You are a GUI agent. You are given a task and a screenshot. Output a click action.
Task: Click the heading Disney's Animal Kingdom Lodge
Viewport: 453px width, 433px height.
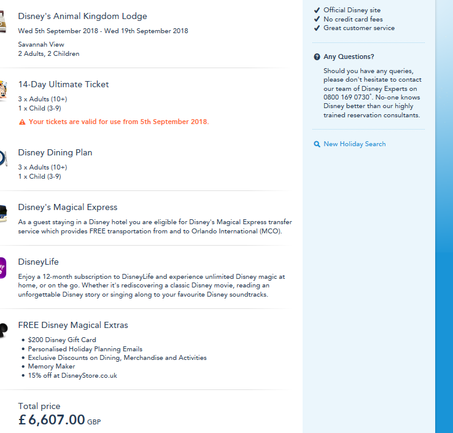click(82, 17)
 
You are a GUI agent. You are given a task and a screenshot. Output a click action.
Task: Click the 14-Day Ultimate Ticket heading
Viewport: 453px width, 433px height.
click(63, 85)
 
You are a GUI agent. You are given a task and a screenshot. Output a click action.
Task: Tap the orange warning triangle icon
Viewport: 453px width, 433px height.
click(22, 122)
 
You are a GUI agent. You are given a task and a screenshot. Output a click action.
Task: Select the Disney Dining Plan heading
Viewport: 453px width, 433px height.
click(55, 153)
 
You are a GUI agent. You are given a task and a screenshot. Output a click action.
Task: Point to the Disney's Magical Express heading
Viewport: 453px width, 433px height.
click(68, 208)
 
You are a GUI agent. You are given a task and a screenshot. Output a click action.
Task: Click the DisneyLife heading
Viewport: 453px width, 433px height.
click(38, 262)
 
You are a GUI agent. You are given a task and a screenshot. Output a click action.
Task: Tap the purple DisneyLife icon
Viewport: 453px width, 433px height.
click(2, 268)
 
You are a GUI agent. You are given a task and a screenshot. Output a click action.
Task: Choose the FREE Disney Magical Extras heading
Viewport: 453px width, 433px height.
click(73, 326)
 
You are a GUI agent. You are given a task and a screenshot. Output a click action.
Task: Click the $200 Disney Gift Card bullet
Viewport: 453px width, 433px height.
click(61, 340)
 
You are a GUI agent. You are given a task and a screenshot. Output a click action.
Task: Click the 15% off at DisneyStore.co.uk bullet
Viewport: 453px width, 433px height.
click(72, 375)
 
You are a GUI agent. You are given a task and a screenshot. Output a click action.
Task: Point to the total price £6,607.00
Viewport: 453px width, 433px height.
click(52, 420)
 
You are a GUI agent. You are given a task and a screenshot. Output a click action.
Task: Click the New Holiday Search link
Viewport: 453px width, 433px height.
click(354, 144)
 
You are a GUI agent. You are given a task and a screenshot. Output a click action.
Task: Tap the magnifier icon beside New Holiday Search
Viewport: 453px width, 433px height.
click(317, 144)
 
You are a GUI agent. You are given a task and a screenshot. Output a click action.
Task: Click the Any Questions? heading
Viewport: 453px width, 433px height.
click(349, 57)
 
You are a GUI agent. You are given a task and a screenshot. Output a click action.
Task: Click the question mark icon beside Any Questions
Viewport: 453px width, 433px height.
click(317, 57)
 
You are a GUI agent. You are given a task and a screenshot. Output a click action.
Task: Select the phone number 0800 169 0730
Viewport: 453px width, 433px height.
click(347, 97)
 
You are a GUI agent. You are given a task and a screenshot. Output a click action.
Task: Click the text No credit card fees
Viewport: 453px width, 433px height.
click(353, 19)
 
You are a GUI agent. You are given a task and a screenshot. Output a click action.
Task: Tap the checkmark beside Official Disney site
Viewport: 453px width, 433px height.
click(317, 10)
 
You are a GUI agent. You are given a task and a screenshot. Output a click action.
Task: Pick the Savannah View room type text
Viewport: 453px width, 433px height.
click(42, 44)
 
